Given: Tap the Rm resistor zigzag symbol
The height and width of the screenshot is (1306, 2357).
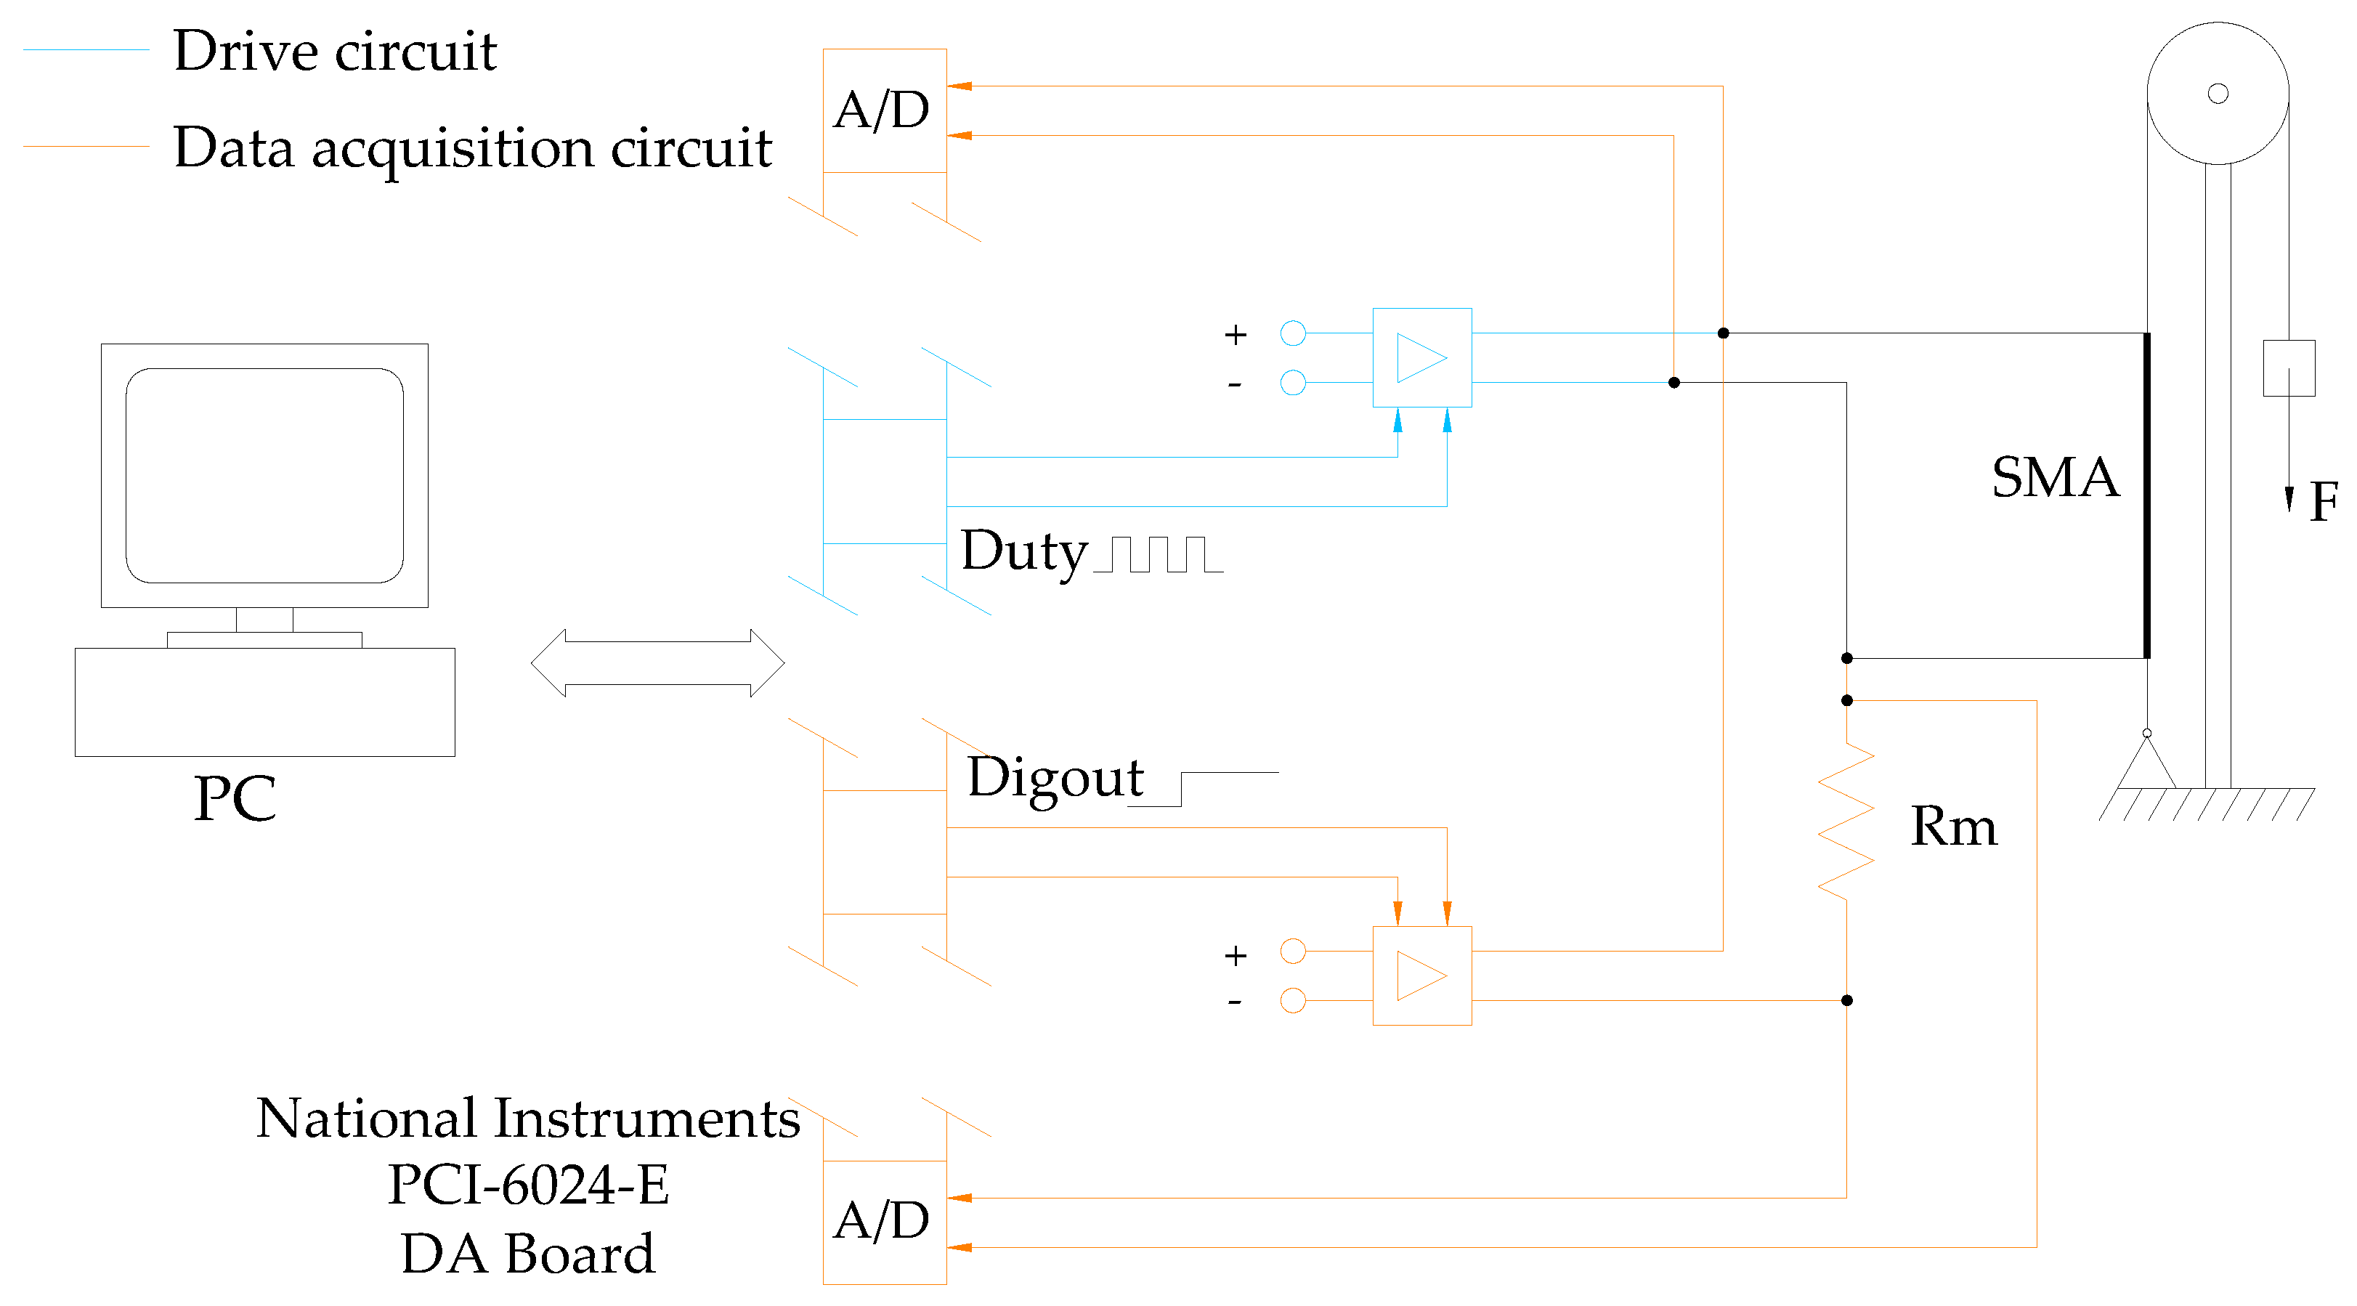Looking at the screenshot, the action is click(1846, 821).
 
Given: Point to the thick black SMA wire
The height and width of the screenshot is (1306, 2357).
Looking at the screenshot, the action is click(2146, 495).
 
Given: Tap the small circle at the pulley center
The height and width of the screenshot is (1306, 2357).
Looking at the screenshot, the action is click(2218, 94).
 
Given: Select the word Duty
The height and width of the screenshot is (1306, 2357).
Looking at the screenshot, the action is click(1024, 553).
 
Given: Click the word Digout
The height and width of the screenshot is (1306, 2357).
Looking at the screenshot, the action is click(1055, 779).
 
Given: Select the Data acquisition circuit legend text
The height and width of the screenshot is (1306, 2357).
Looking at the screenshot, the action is click(472, 149).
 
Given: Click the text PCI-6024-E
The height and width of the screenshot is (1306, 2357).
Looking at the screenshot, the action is click(528, 1185).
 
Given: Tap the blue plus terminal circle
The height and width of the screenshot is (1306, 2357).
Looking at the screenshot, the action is click(1293, 333).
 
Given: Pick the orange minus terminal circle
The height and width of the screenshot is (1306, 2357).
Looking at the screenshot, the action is click(1293, 1000).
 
